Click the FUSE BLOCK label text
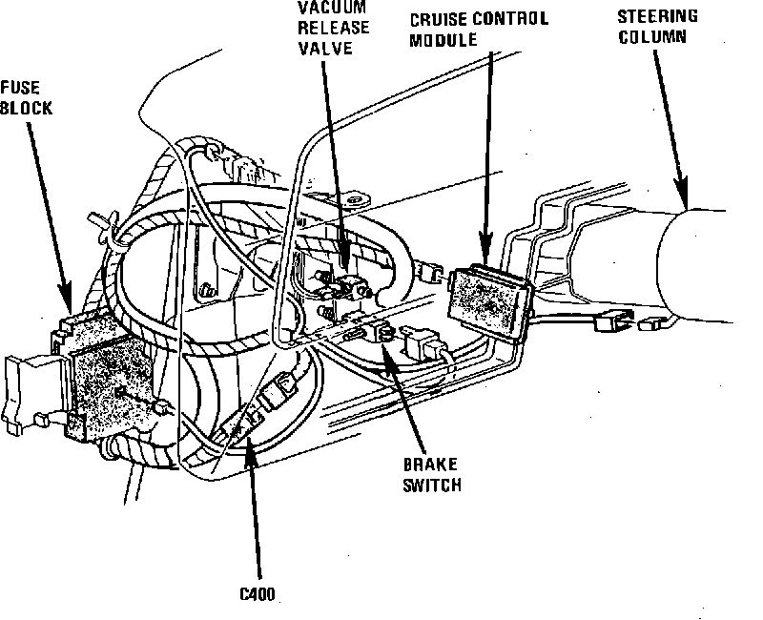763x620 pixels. pos(26,98)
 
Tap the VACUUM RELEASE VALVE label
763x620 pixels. pos(333,28)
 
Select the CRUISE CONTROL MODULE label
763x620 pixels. pos(479,30)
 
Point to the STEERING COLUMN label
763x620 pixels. pos(657,27)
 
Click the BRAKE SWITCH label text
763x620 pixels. pos(432,475)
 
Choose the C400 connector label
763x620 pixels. pos(258,594)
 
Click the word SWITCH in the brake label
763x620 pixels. pos(432,485)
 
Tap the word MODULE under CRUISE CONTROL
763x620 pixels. pos(443,40)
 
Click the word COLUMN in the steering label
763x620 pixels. pos(652,37)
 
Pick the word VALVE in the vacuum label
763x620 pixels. pos(325,49)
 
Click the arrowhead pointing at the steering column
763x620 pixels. pos(681,193)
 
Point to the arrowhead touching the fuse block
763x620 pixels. pos(65,298)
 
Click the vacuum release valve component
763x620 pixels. pos(344,288)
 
